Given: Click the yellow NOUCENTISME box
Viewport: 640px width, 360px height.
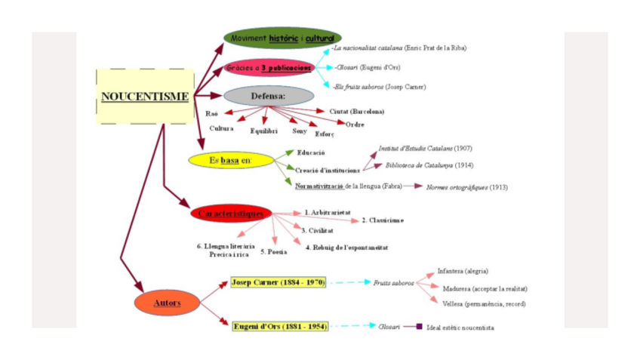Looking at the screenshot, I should (x=145, y=97).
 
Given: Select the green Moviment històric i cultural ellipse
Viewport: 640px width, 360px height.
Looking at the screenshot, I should (x=282, y=38).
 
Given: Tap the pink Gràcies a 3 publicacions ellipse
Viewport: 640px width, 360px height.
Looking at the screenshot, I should (x=269, y=68).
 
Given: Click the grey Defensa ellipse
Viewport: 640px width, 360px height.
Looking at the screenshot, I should (x=268, y=97).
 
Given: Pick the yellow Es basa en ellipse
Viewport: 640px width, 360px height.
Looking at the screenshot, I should (x=230, y=161).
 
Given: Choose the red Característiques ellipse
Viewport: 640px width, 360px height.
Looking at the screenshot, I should (x=231, y=214).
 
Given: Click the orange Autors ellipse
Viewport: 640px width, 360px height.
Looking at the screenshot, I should (x=167, y=303).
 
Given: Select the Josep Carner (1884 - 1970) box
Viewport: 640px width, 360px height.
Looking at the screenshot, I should (x=278, y=282).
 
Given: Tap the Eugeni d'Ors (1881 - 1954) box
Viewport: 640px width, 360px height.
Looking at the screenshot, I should (x=279, y=326).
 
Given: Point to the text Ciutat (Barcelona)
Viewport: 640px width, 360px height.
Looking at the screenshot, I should (x=356, y=112).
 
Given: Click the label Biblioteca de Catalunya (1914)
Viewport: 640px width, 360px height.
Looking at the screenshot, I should (x=429, y=165).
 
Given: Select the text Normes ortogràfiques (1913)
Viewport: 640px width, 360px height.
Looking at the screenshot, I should (x=466, y=186).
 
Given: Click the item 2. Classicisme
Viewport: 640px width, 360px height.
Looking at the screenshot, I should (x=382, y=220).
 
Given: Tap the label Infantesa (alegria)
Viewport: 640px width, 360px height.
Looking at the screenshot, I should (x=463, y=271).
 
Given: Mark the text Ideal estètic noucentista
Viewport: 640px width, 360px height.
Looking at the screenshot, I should (x=460, y=328).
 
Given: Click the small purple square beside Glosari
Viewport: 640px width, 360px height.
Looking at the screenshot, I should (x=418, y=327).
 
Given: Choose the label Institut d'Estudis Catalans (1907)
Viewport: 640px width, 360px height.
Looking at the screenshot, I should (x=426, y=149).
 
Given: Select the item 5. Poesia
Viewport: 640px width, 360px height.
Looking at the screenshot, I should (x=273, y=251).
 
